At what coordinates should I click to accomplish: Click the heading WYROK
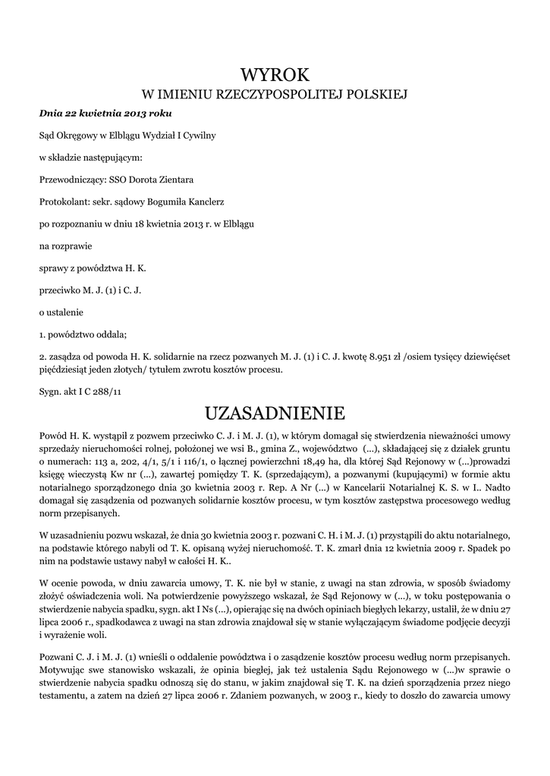coord(275,74)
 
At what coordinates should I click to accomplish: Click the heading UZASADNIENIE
coord(275,414)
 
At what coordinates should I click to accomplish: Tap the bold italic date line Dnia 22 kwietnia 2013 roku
coord(105,114)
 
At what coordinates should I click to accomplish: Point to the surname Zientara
coord(175,180)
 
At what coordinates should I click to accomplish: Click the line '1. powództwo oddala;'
coord(83,334)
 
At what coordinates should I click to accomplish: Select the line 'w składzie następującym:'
coord(90,158)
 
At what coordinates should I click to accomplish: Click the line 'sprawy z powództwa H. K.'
coord(93,268)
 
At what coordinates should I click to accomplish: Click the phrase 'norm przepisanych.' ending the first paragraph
coord(79,513)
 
